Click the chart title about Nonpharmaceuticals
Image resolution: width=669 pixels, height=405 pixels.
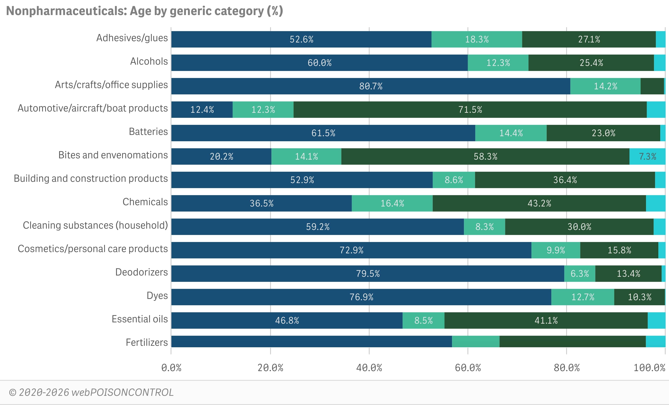144,11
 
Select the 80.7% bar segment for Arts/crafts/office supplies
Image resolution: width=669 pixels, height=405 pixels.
371,86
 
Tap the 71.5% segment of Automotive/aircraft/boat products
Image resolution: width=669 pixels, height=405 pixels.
470,109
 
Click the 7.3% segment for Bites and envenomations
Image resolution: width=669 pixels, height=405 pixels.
647,156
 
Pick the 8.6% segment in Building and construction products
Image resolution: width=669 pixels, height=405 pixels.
454,180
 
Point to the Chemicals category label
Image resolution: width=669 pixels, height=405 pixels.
145,202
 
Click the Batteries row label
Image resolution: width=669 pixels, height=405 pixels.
148,131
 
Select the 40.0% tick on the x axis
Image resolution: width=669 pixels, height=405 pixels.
369,368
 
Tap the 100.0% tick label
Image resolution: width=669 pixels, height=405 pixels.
649,368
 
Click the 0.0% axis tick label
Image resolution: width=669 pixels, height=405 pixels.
171,368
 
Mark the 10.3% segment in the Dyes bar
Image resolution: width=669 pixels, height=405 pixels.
639,297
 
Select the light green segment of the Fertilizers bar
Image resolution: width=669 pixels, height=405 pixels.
475,341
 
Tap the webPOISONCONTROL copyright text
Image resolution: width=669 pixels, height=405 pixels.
91,392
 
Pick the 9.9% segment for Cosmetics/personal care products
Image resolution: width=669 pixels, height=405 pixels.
555,250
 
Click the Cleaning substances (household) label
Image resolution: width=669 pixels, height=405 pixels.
95,225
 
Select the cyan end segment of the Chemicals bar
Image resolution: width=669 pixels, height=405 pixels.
655,203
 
